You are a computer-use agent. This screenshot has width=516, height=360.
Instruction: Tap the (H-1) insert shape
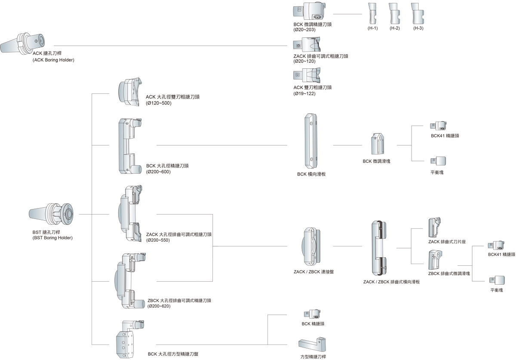coord(372,14)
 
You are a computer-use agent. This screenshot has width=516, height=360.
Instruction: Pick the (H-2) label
coord(395,28)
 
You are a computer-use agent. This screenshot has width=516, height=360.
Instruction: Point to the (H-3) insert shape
coord(417,14)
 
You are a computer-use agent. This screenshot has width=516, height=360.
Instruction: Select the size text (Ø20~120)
coord(304,62)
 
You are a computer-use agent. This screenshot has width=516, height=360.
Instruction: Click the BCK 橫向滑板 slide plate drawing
coord(310,141)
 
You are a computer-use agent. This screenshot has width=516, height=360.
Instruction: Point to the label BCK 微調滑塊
coord(376,161)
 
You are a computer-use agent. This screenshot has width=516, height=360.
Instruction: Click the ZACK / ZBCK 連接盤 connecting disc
coord(310,246)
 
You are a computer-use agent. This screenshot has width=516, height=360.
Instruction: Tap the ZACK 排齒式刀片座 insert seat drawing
coord(435,227)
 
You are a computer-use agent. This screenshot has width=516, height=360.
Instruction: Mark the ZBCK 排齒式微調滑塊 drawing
coord(435,259)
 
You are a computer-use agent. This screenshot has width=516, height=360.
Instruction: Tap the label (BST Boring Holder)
coord(52,238)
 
